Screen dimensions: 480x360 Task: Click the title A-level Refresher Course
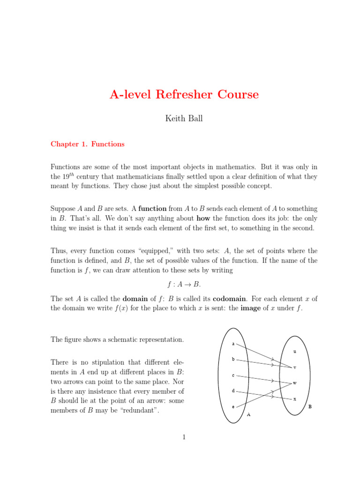click(x=184, y=95)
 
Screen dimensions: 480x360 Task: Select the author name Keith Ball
click(x=184, y=119)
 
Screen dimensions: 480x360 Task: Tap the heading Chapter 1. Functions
click(x=87, y=144)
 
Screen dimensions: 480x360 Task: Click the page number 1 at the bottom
click(x=184, y=437)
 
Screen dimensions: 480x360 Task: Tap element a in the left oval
click(x=233, y=345)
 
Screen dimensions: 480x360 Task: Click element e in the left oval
click(x=233, y=407)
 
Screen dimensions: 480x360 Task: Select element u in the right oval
click(x=295, y=351)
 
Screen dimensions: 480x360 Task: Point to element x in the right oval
click(x=295, y=399)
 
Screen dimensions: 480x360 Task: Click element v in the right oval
click(x=295, y=367)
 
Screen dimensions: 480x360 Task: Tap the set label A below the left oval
click(x=248, y=415)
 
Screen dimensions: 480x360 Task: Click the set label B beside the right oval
click(x=310, y=407)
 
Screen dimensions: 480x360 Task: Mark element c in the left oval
click(x=233, y=375)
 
